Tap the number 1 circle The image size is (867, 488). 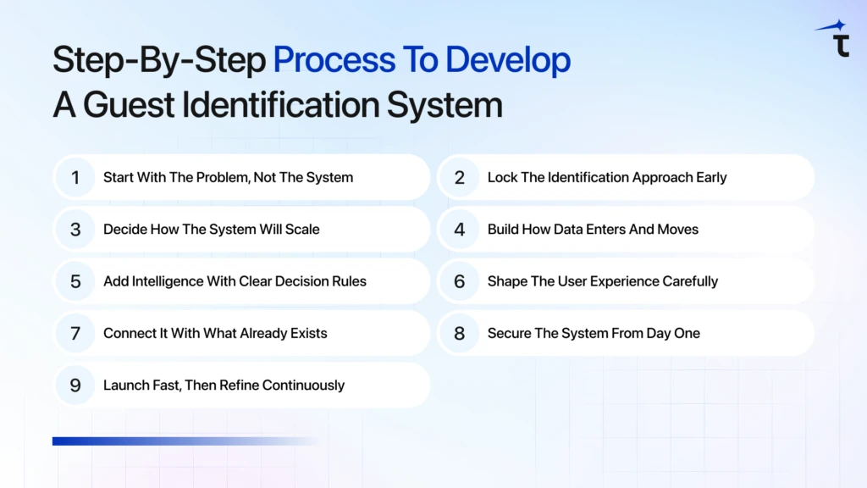pos(75,178)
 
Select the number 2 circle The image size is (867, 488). pos(460,178)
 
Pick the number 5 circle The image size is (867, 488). pos(75,281)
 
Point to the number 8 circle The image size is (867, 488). pos(460,333)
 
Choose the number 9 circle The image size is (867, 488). pos(75,385)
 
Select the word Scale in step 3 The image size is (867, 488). pos(302,230)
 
